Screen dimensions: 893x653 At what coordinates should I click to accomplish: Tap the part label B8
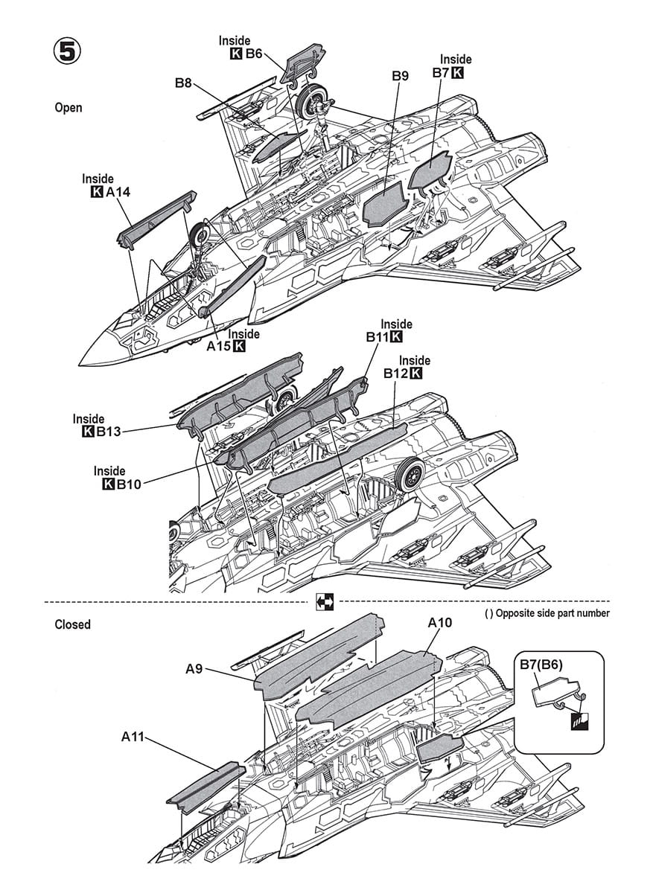[x=184, y=83]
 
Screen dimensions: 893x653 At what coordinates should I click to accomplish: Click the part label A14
[x=118, y=193]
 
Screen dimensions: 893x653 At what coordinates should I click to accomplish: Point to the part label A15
[x=217, y=346]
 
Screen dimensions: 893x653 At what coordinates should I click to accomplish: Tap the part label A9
[x=194, y=670]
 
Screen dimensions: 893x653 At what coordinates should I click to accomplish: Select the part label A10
[x=441, y=624]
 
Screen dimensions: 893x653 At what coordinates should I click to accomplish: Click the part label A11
[x=133, y=737]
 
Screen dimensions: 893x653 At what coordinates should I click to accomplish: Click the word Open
[x=69, y=108]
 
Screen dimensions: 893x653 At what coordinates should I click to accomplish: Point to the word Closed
[x=72, y=624]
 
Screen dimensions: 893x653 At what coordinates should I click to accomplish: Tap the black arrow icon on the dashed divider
[x=326, y=601]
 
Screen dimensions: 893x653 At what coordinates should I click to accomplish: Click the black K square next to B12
[x=415, y=374]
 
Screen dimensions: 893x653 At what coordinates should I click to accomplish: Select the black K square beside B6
[x=237, y=54]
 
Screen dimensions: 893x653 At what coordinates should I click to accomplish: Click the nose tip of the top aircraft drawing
[x=81, y=362]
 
